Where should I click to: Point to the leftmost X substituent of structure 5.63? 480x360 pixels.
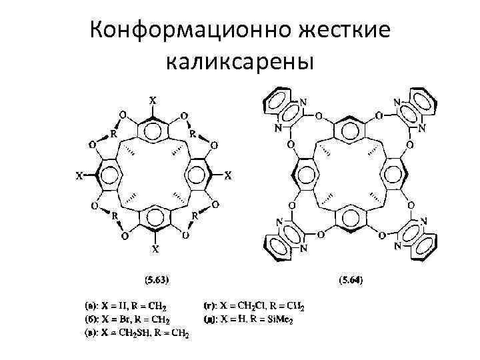coord(79,177)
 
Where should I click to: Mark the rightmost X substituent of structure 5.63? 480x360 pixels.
coord(228,177)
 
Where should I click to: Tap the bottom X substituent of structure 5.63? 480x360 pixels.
coord(155,250)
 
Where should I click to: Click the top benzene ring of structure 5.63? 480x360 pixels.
coord(153,127)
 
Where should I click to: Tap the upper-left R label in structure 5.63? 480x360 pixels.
coord(113,133)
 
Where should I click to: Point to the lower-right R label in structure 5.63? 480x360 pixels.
coord(195,216)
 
